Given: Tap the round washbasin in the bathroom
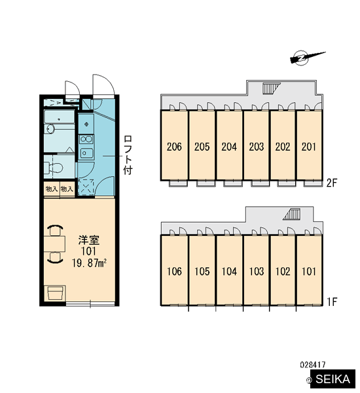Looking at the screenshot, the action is click(50, 129).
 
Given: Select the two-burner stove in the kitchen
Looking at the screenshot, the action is click(86, 139).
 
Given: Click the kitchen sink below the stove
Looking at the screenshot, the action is click(86, 153).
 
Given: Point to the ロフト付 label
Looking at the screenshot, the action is click(128, 155).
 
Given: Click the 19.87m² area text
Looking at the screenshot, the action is click(89, 263).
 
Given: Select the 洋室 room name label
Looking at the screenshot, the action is click(89, 240).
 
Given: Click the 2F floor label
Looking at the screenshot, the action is click(332, 183).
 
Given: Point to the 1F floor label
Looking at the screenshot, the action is click(333, 302).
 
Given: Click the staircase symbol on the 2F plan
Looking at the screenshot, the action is click(270, 88).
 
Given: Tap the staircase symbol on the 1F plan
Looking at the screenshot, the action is click(292, 214).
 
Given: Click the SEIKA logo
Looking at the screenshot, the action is click(331, 379).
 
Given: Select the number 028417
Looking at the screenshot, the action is click(313, 364).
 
